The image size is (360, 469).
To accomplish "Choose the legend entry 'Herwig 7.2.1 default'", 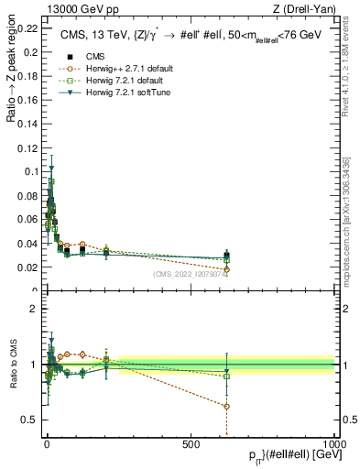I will coord(114,81).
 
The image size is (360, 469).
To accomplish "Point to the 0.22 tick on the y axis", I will coord(27,27).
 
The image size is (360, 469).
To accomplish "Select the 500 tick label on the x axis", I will coord(191,443).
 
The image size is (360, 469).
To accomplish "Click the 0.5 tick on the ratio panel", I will coord(30,420).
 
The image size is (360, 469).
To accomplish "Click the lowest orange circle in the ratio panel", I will coord(226,406).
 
